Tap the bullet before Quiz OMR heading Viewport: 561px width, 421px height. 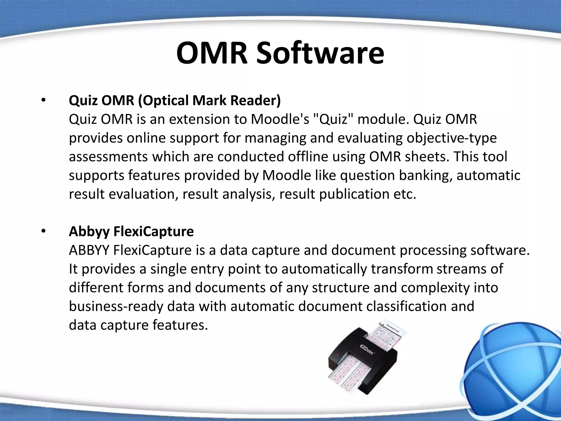[x=43, y=101]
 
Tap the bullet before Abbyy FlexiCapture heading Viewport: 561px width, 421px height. [x=43, y=232]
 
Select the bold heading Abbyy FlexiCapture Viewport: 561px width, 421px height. [x=131, y=232]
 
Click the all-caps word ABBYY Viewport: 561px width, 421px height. [x=89, y=250]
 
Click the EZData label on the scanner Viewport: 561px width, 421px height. [x=367, y=349]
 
